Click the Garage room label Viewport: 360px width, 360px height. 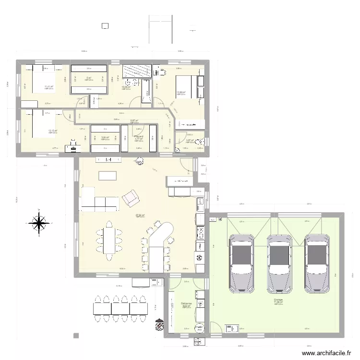(278, 300)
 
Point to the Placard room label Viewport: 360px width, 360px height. (139, 137)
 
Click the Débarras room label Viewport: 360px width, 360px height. (186, 304)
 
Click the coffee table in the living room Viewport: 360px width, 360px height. (108, 175)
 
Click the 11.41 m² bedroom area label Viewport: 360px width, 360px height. (49, 86)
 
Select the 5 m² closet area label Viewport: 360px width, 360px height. (88, 78)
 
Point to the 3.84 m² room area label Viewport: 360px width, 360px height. (105, 138)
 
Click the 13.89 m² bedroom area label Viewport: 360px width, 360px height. (180, 93)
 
